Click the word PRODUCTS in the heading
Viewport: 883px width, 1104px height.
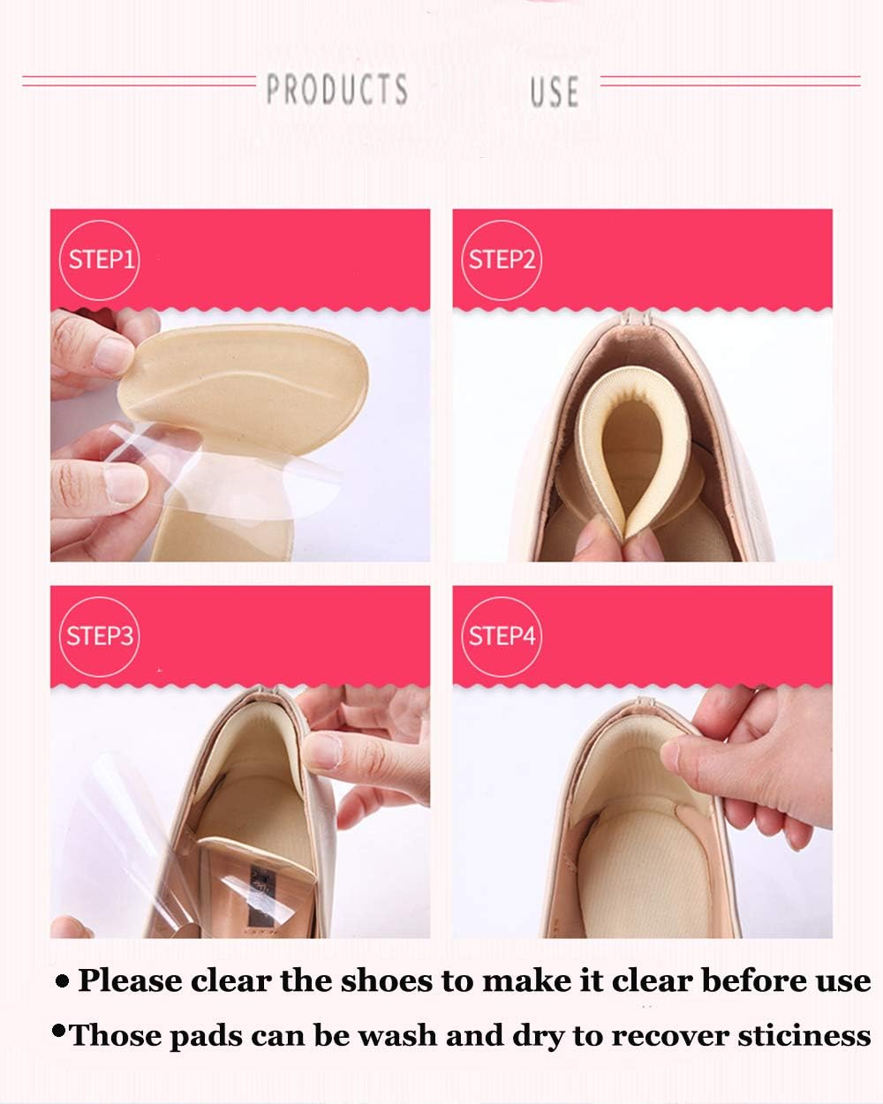(336, 89)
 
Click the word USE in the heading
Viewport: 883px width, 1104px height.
(555, 92)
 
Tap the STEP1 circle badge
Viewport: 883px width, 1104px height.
(100, 259)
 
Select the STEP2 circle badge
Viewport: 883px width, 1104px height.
(502, 259)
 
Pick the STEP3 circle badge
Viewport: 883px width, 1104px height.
(100, 636)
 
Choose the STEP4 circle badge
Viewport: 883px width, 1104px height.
(502, 636)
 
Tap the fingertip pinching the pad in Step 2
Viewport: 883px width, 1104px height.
(609, 538)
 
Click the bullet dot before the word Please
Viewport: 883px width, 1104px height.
(62, 980)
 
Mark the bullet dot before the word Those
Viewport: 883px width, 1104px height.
(59, 1030)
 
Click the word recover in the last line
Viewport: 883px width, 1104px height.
(639, 1035)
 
